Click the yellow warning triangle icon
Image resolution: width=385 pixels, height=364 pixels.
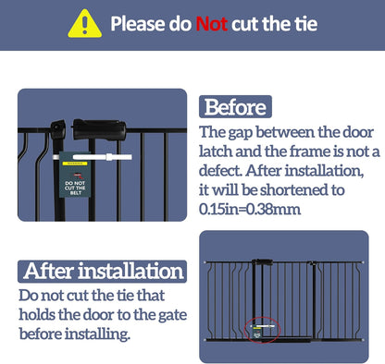(x=84, y=24)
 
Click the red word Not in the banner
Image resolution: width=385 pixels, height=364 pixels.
(x=212, y=24)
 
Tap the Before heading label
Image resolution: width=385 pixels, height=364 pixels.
(x=235, y=107)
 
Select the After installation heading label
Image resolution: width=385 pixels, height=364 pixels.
(x=102, y=272)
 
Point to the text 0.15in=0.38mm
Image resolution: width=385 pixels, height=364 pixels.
(x=250, y=209)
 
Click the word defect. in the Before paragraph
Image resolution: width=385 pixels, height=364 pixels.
(x=220, y=170)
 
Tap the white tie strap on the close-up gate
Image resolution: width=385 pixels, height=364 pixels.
(x=93, y=157)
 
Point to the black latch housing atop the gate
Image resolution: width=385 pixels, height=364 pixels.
(x=99, y=129)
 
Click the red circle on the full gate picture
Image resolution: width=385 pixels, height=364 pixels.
(x=262, y=330)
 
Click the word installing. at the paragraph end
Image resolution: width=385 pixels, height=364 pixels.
(x=97, y=334)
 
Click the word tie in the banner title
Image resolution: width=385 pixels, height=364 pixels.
(x=306, y=24)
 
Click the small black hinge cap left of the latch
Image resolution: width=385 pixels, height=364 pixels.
(x=58, y=130)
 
